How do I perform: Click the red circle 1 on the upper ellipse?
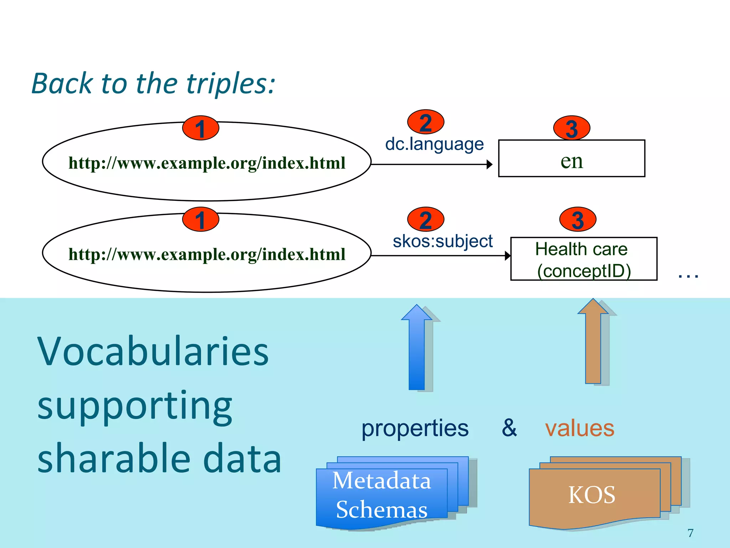[200, 128]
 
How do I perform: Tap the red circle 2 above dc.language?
[426, 122]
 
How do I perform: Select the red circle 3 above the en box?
[571, 128]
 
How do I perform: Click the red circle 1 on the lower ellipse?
[200, 219]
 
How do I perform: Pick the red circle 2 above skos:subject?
[426, 219]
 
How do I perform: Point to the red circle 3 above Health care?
[577, 219]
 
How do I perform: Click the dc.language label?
[434, 144]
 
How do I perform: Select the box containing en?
[571, 158]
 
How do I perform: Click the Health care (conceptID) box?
[584, 259]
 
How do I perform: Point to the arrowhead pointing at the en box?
[490, 164]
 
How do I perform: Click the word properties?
[415, 428]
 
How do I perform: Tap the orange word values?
[580, 428]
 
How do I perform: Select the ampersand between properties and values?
[509, 427]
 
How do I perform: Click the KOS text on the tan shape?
[592, 495]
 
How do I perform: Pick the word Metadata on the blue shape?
[381, 481]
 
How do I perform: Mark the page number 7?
[690, 533]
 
